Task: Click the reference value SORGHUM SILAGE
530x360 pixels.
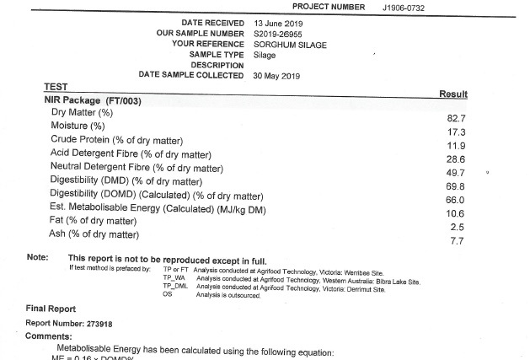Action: [x=290, y=44]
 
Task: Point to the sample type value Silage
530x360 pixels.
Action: [x=265, y=55]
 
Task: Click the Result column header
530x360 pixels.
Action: [x=453, y=94]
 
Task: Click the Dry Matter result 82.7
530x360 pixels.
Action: [x=455, y=119]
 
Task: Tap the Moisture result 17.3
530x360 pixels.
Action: [x=455, y=132]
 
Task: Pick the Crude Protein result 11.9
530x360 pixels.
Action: [x=455, y=146]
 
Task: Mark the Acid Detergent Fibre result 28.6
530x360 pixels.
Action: [x=455, y=159]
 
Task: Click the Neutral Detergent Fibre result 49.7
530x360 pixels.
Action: [x=455, y=173]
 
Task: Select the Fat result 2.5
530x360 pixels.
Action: [x=457, y=227]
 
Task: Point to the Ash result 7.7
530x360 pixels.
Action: [x=457, y=241]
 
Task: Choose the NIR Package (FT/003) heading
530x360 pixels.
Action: [x=95, y=99]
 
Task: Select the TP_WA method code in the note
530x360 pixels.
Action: [x=174, y=278]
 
